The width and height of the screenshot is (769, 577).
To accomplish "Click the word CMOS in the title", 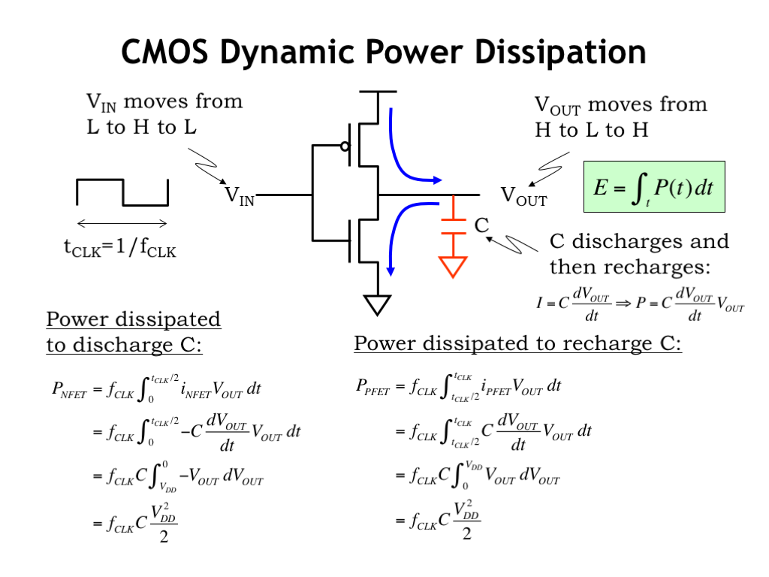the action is (164, 52).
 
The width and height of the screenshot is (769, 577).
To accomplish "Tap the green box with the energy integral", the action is (654, 187).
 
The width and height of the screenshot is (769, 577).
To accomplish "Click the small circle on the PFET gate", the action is (345, 147).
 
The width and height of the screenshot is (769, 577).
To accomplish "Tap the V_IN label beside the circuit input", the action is (240, 196).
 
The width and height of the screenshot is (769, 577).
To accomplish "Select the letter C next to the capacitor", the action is (481, 225).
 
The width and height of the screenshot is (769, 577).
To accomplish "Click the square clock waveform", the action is (122, 192).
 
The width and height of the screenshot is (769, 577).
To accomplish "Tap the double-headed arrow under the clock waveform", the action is (122, 224).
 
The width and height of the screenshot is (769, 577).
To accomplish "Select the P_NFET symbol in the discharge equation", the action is (69, 391).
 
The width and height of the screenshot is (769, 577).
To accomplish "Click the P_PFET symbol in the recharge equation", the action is (372, 388).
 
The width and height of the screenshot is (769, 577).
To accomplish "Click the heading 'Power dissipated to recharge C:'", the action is (518, 343).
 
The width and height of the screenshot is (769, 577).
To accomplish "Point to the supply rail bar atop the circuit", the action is (378, 92).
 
